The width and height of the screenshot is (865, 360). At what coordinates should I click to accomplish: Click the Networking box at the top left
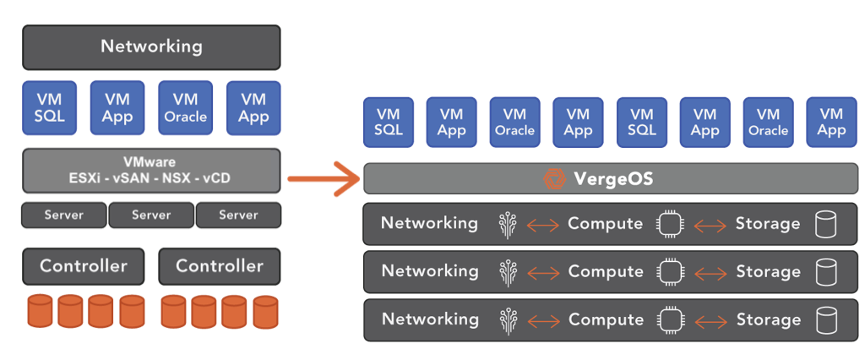tap(151, 46)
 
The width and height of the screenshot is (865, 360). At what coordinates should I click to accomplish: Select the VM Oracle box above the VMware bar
tap(185, 107)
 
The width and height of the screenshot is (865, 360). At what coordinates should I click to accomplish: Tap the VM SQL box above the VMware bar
tap(49, 107)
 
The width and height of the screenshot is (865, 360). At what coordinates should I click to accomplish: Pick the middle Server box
tap(151, 215)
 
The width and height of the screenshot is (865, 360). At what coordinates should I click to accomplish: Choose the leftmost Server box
tap(64, 215)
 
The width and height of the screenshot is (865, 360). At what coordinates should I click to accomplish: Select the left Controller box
tap(84, 266)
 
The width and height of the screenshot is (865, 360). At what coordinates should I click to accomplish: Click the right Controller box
tap(219, 266)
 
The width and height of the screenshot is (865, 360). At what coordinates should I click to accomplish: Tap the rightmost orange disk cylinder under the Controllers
tap(265, 311)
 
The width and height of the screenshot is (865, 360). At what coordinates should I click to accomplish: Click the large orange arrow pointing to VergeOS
tap(325, 178)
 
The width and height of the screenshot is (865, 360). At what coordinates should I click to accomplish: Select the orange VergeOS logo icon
tap(555, 179)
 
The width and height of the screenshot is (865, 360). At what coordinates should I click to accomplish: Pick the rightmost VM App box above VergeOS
tap(831, 122)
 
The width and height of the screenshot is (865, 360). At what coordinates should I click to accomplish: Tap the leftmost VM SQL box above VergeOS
tap(388, 122)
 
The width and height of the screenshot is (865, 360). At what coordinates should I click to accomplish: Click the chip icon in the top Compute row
tap(670, 224)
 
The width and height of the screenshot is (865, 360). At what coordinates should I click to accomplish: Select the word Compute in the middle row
tap(606, 271)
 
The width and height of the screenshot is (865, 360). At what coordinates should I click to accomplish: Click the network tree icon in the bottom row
tap(507, 320)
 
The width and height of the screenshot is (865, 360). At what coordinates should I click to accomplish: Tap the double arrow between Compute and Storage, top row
tap(710, 225)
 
